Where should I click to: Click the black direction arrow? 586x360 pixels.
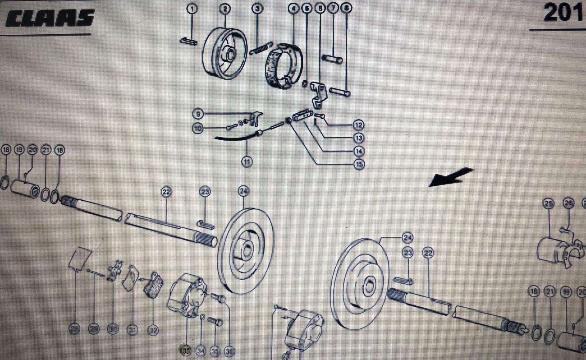click(x=451, y=177)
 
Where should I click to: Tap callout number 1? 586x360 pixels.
click(x=192, y=8)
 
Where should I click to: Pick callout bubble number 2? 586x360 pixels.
click(x=224, y=8)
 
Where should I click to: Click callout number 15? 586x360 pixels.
click(x=359, y=165)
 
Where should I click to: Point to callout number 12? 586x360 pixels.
click(x=359, y=125)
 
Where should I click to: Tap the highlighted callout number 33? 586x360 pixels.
click(x=185, y=350)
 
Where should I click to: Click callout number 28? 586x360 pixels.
click(x=75, y=330)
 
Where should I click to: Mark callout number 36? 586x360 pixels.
click(x=229, y=350)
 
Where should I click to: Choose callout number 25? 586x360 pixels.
click(x=548, y=204)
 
